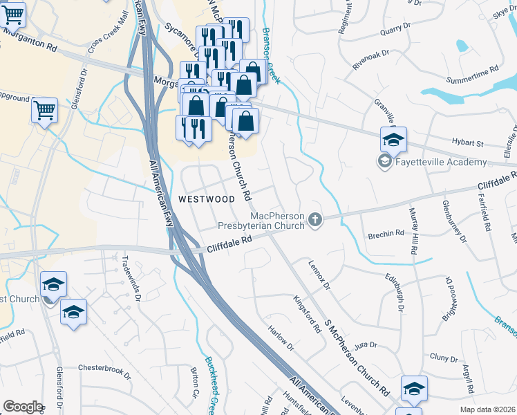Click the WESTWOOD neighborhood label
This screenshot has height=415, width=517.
pos(207,199)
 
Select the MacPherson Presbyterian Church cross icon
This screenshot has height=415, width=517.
pos(315,220)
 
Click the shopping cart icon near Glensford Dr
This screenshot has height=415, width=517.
pos(44,109)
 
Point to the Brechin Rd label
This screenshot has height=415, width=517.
pos(386,234)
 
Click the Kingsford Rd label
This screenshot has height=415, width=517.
pos(308,315)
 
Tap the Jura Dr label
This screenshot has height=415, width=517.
pos(364,344)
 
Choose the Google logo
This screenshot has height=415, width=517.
pos(22,407)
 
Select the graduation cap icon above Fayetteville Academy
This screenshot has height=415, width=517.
pos(393,140)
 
